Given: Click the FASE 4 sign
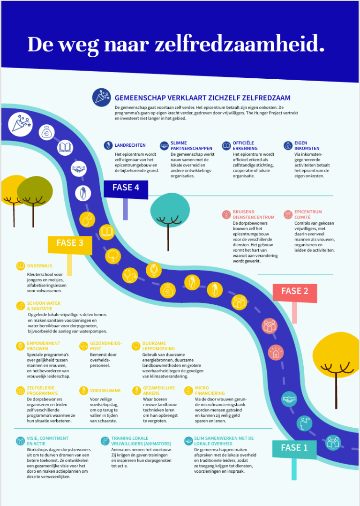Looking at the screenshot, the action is [x=126, y=189].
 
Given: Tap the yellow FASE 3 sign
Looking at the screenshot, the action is [x=70, y=245].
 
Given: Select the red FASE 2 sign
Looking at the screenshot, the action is [x=295, y=293].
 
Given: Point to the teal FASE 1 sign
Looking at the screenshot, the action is [x=294, y=449].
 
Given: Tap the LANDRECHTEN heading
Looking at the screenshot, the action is [x=130, y=145].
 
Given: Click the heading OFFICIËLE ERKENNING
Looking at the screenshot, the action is [x=245, y=145].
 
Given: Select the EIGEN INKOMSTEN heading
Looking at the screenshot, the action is [x=307, y=145].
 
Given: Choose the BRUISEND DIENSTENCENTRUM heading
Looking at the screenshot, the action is [x=254, y=215].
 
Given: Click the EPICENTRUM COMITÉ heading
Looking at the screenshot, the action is [x=308, y=215].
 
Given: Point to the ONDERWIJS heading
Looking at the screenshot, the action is [x=39, y=266].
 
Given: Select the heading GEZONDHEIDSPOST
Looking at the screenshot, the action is [x=106, y=346].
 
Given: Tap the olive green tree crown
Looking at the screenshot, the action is [x=35, y=191].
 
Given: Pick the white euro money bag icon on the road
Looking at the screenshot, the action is [x=47, y=132].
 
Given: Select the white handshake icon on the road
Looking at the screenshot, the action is [x=78, y=169].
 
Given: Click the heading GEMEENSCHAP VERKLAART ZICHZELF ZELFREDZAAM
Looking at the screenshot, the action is [x=202, y=98].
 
